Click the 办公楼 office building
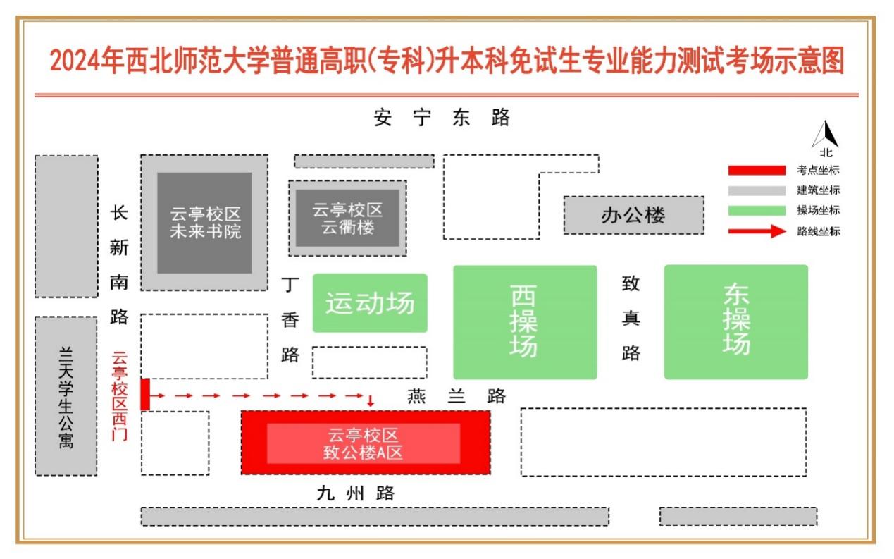coord(633,215)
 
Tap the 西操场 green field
coord(525,322)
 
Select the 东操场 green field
coord(735,321)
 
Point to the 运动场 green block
coord(370,303)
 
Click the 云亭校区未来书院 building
coord(204,222)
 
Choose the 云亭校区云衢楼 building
coord(347,218)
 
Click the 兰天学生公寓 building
coord(66,396)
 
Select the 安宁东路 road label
coord(442,118)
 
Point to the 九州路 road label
coord(355,493)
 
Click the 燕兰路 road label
coord(457,396)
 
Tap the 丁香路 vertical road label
coord(290,320)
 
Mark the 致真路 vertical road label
coord(631,318)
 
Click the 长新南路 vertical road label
coord(119,265)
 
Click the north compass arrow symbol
coord(826,135)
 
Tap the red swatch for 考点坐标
coord(756,170)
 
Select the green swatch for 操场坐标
coord(756,210)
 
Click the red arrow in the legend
coord(757,231)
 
